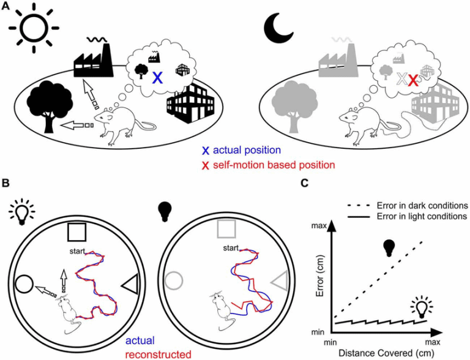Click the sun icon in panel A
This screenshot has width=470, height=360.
pos(34,28)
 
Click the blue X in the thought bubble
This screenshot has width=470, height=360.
pos(157,77)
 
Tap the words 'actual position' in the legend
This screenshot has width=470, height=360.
pos(247,150)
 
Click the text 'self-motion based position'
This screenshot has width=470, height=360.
pos(274,165)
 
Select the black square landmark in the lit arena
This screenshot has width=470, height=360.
pos(77,232)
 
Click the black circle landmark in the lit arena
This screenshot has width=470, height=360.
pos(24,284)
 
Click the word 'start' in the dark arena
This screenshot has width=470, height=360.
pos(231,248)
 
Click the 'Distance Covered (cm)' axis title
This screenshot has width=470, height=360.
pos(386,353)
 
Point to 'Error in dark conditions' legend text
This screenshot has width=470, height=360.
pos(422,206)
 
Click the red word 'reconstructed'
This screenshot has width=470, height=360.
pos(158,354)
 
